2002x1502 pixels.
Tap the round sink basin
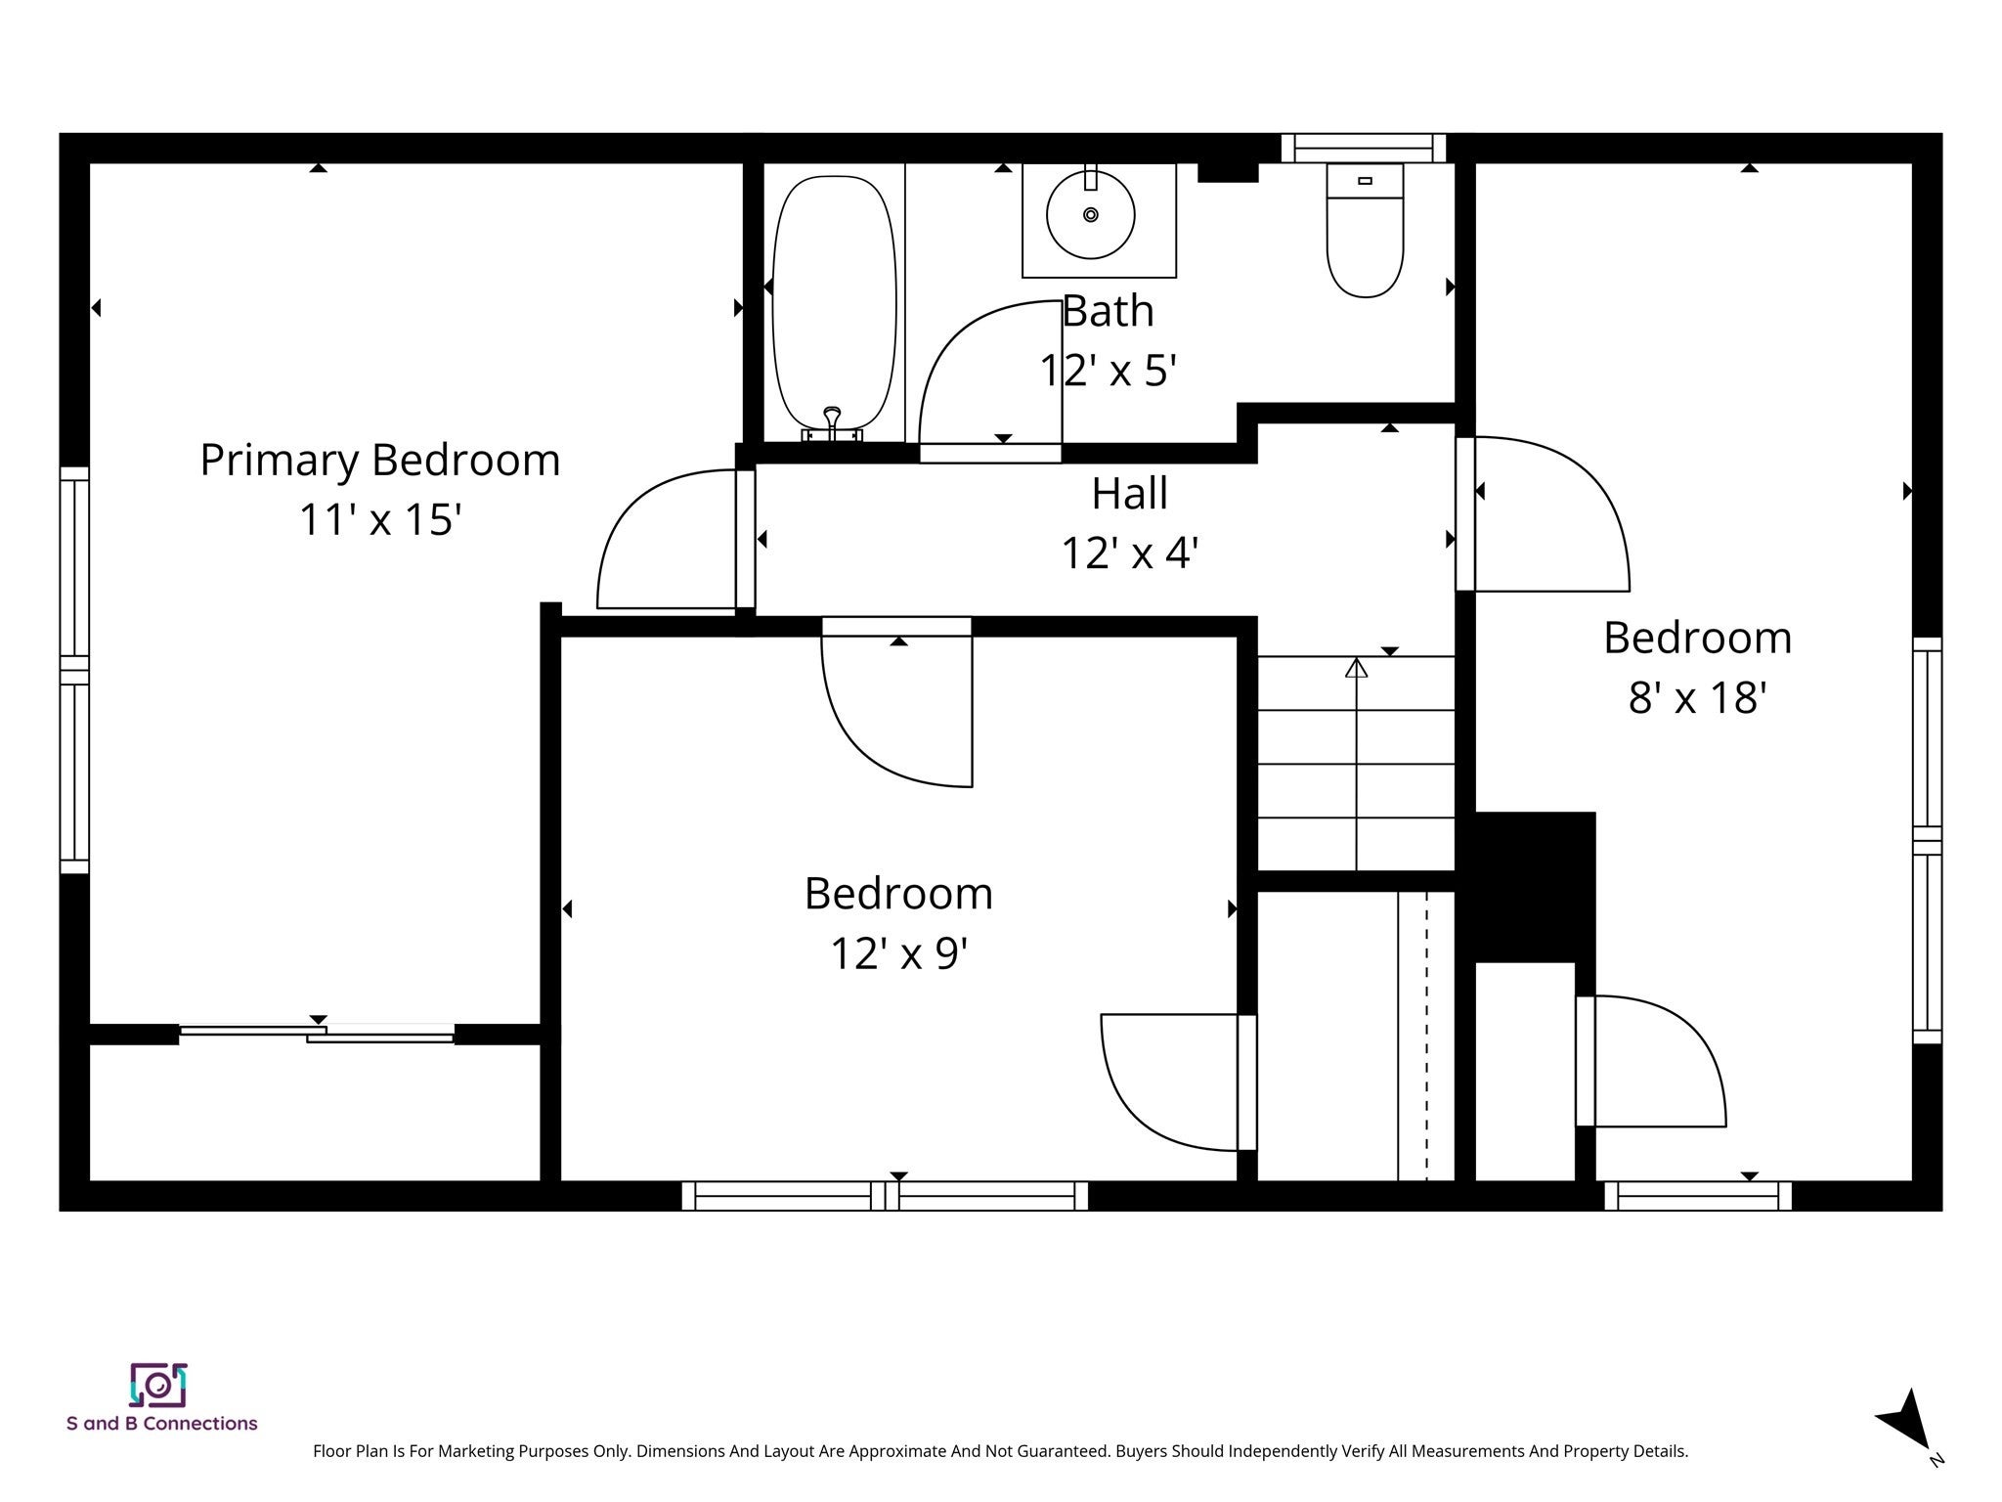coord(1090,215)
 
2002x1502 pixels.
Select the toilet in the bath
coord(1365,231)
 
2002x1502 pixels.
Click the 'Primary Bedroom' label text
coord(380,461)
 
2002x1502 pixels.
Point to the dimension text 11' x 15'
coord(380,519)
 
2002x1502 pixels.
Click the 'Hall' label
coord(1129,493)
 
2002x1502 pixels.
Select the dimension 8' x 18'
coord(1697,698)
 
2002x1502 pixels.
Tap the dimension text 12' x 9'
coord(898,952)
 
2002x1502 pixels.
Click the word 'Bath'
coord(1108,311)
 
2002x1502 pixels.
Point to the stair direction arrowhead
coord(1356,668)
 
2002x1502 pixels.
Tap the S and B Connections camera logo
coord(158,1385)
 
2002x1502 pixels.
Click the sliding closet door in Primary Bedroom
coord(317,1033)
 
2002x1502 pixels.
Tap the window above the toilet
coord(1364,148)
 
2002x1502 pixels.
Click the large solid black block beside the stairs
coord(1534,886)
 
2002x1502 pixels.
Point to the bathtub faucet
coord(832,423)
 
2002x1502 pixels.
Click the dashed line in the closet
coord(1426,1036)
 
